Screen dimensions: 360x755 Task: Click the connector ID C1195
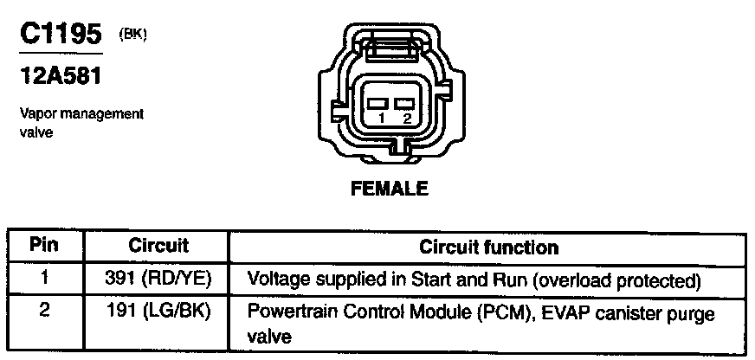[x=58, y=35]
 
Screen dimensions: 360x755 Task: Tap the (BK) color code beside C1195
[x=133, y=35]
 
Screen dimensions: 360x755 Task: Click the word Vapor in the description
[x=34, y=113]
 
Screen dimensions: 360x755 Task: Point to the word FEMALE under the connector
[x=390, y=189]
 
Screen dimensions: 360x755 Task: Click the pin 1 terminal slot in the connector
[x=377, y=106]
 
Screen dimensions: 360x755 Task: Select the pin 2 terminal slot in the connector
[x=403, y=106]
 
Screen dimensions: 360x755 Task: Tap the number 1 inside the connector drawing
[x=377, y=119]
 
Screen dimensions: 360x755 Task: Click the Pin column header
[x=44, y=247]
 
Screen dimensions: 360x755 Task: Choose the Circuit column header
[x=158, y=247]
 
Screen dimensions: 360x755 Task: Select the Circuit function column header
[x=489, y=247]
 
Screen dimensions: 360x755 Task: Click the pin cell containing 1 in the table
[x=44, y=280]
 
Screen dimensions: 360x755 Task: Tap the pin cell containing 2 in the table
[x=44, y=311]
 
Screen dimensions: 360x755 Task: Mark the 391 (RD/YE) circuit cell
[x=158, y=280]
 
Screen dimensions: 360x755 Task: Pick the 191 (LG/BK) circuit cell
[x=158, y=312]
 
